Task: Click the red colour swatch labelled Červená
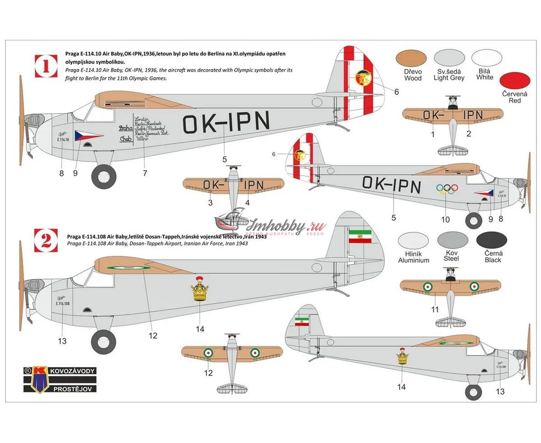click(x=515, y=80)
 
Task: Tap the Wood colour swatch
click(x=413, y=58)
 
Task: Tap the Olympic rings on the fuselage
click(x=447, y=189)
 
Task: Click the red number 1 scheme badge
click(x=46, y=66)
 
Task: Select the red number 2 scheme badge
click(x=46, y=240)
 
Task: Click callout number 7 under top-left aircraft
click(x=144, y=173)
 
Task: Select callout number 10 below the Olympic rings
click(x=445, y=220)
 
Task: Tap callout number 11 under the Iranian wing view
click(x=435, y=309)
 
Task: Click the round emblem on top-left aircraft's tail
click(x=362, y=78)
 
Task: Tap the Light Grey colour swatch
click(x=449, y=58)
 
